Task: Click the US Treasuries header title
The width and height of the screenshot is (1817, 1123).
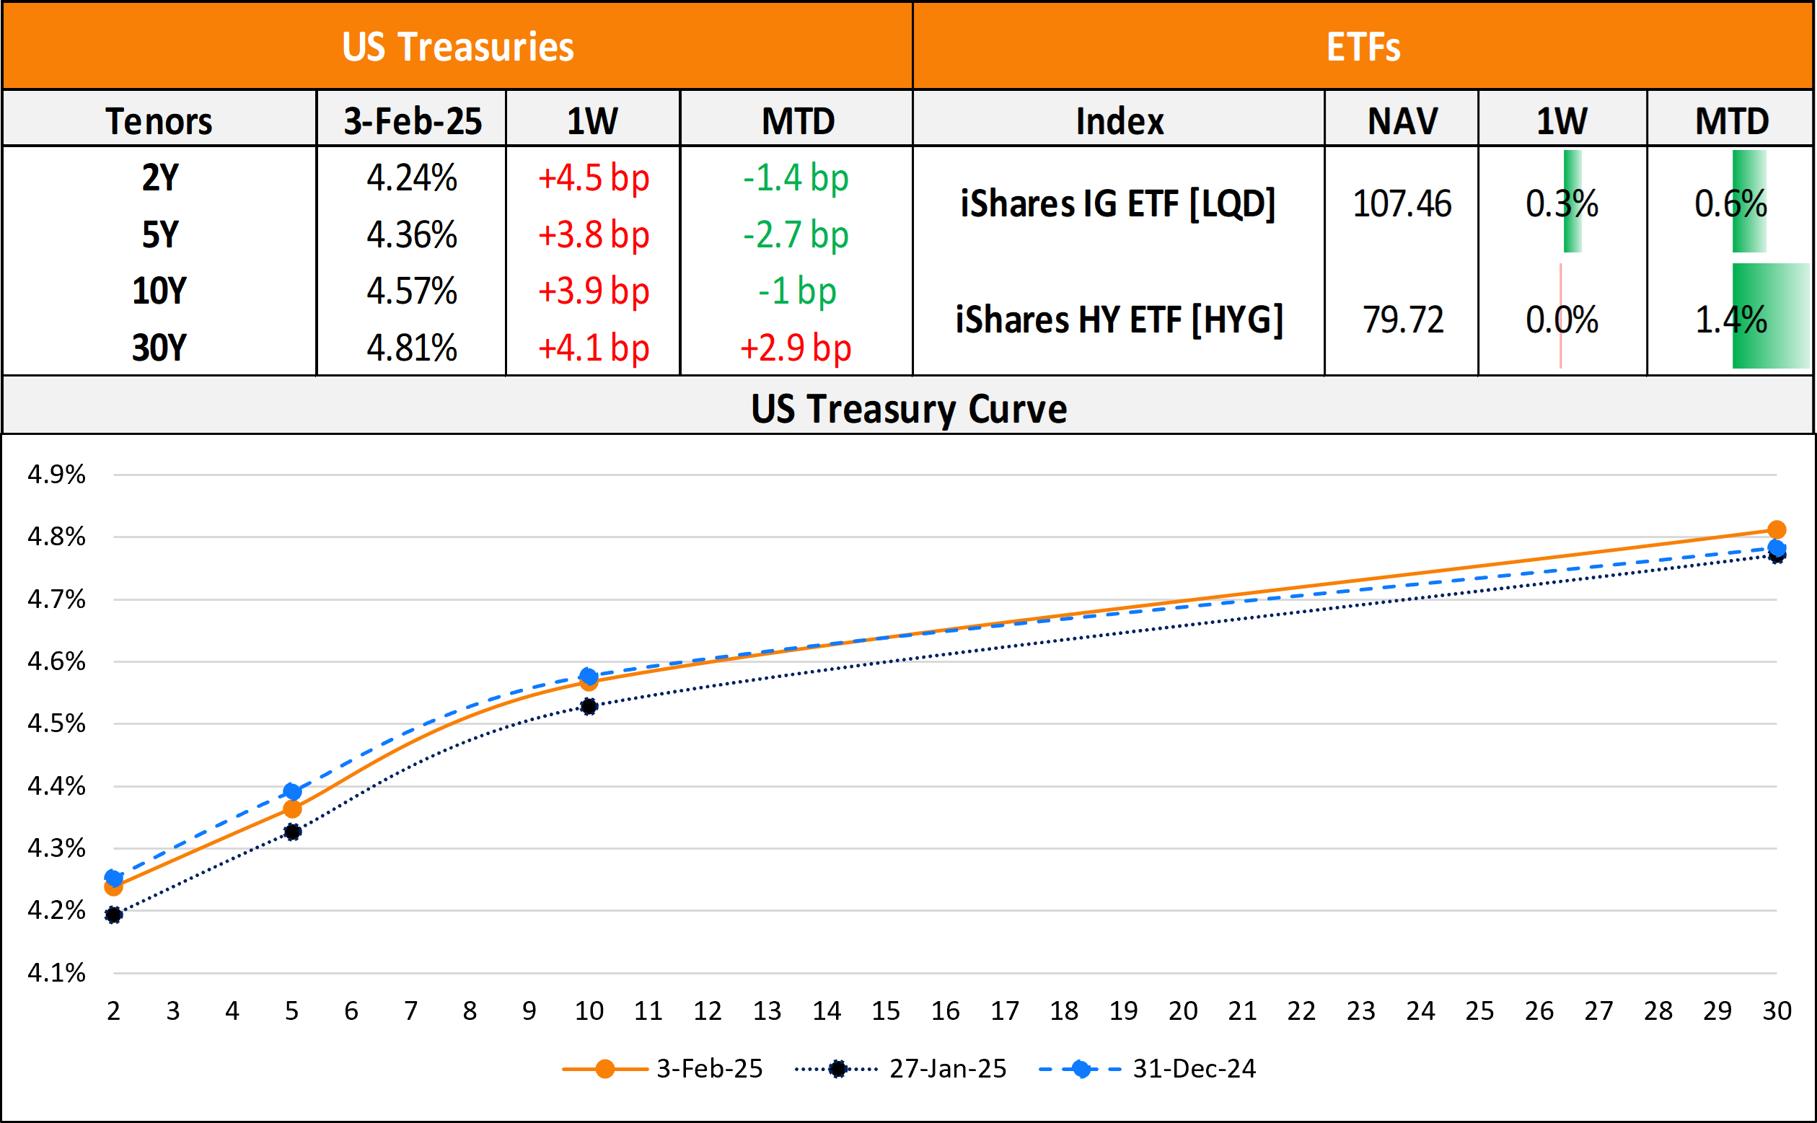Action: pyautogui.click(x=457, y=47)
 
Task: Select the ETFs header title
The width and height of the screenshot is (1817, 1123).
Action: pyautogui.click(x=1363, y=47)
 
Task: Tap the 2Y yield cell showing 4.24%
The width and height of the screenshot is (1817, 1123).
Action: pyautogui.click(x=411, y=178)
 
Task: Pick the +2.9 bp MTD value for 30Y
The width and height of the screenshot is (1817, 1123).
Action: pyautogui.click(x=796, y=348)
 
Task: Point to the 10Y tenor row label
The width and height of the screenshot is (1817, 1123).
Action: pyautogui.click(x=159, y=291)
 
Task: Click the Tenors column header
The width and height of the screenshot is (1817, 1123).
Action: pyautogui.click(x=159, y=121)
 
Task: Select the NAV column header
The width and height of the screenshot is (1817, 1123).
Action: pyautogui.click(x=1402, y=121)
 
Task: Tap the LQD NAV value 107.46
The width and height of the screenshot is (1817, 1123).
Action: pyautogui.click(x=1402, y=203)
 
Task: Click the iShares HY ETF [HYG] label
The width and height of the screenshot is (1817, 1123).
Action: pyautogui.click(x=1119, y=320)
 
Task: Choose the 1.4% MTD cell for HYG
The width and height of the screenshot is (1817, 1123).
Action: pyautogui.click(x=1730, y=320)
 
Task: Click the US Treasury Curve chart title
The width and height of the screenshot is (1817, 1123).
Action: pyautogui.click(x=908, y=408)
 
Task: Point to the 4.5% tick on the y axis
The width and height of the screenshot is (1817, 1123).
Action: pyautogui.click(x=56, y=723)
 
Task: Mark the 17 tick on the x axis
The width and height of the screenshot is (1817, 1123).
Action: pyautogui.click(x=1005, y=1011)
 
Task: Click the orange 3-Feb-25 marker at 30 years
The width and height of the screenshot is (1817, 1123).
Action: pyautogui.click(x=1776, y=529)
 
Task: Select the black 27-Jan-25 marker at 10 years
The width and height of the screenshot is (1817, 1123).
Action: pyautogui.click(x=589, y=706)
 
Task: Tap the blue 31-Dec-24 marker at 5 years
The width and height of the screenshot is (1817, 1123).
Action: pyautogui.click(x=293, y=792)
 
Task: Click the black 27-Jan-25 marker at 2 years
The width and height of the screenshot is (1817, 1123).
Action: pyautogui.click(x=114, y=915)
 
